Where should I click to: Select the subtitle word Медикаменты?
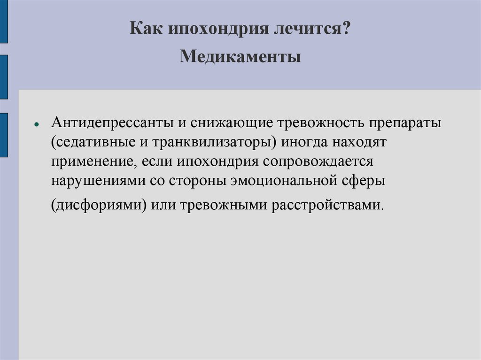[240, 57]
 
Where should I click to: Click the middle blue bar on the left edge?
[4, 77]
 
